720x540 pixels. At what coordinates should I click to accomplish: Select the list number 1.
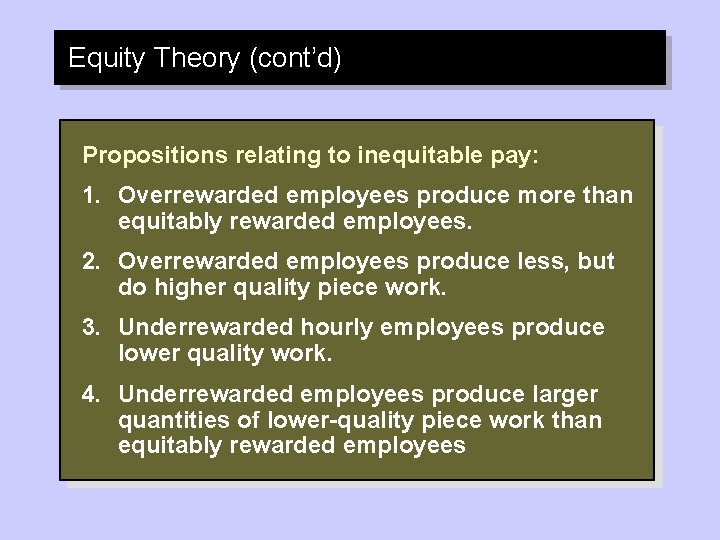tap(90, 195)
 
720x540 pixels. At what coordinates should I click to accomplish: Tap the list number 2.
tap(90, 261)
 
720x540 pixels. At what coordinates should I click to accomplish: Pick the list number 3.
tap(90, 327)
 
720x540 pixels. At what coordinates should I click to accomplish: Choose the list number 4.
tap(90, 393)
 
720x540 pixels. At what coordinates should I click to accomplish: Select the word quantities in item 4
tap(165, 420)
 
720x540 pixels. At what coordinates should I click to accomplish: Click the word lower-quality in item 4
tap(318, 420)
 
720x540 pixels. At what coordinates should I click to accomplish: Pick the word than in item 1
tap(610, 195)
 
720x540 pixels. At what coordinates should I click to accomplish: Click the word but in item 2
tap(596, 261)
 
